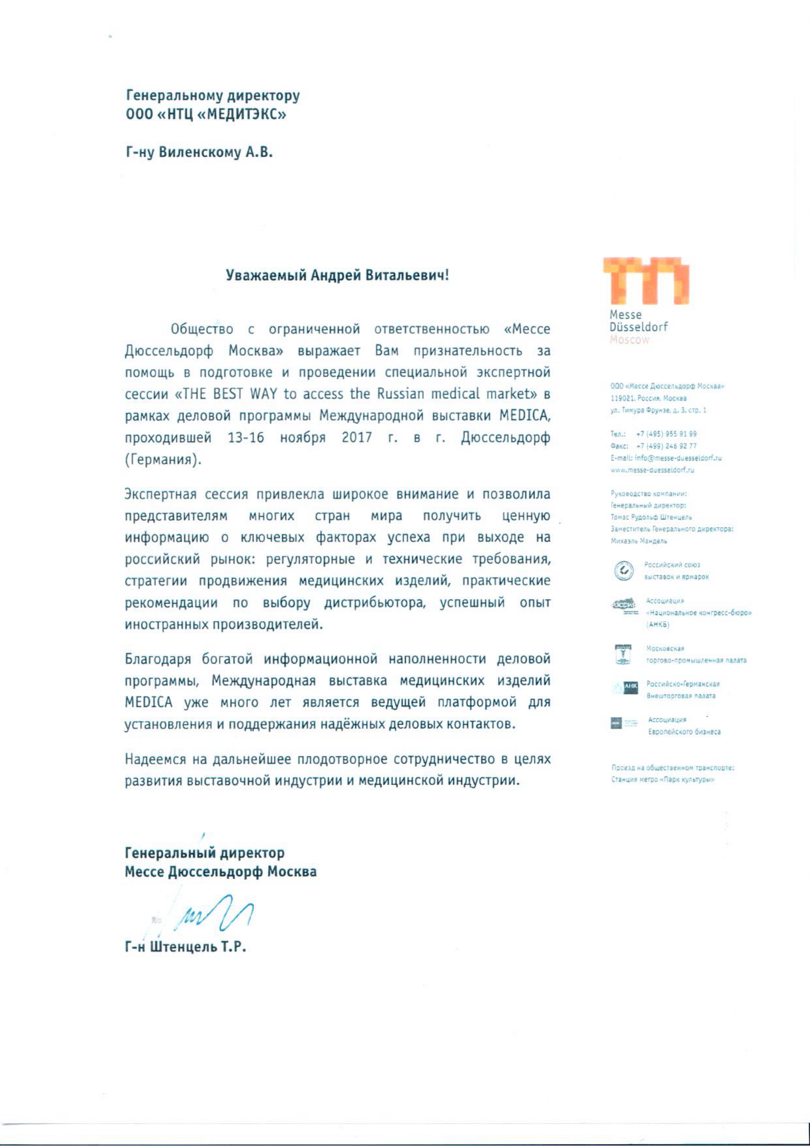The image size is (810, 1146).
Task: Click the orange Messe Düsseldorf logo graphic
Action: click(x=646, y=281)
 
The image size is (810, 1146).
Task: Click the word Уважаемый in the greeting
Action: click(x=266, y=275)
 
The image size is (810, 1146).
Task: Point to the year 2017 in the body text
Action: click(x=357, y=438)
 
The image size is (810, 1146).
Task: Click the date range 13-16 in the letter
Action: click(x=245, y=438)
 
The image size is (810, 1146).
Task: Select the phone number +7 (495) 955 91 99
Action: click(x=666, y=434)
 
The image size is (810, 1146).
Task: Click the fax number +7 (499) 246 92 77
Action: click(x=666, y=446)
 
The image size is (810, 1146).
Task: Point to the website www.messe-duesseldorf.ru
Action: click(x=652, y=470)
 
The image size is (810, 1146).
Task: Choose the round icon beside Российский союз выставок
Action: click(x=623, y=570)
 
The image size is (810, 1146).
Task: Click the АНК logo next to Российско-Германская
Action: click(x=631, y=688)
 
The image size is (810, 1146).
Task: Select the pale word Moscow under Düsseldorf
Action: click(x=629, y=340)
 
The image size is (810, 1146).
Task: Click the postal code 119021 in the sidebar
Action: click(x=621, y=398)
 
